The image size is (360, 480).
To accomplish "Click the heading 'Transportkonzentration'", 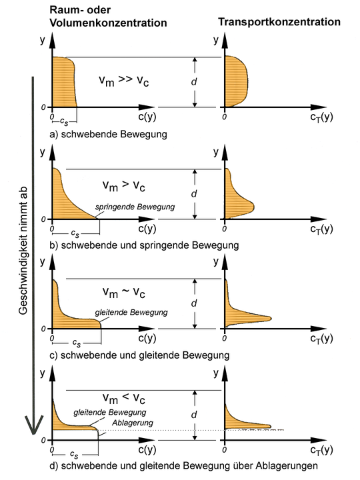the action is click(x=279, y=22).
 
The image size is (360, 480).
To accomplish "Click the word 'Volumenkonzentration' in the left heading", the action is click(x=108, y=23).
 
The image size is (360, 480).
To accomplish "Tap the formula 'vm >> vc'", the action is click(x=124, y=81).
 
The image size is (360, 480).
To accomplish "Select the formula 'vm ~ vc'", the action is click(x=124, y=293).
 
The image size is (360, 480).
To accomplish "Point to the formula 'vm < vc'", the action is click(x=124, y=398).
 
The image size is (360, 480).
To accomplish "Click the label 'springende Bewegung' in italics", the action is click(x=135, y=207).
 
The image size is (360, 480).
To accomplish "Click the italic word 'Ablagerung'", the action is click(x=132, y=423).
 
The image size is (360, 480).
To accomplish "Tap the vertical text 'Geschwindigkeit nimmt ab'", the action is click(x=23, y=251).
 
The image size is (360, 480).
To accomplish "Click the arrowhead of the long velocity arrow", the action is click(x=33, y=425).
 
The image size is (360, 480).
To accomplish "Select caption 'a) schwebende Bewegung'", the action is click(x=109, y=134).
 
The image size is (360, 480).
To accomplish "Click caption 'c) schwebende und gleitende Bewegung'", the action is click(x=139, y=355).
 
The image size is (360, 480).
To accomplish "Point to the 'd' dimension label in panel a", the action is click(x=194, y=82).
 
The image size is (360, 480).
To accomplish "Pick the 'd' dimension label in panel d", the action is click(x=194, y=415).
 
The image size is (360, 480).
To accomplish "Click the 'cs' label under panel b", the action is click(x=75, y=234).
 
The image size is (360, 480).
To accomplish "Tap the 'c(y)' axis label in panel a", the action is click(x=147, y=117).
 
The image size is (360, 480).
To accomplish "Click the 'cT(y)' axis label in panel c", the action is click(x=321, y=339).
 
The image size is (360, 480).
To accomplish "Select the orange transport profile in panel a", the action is click(x=236, y=81).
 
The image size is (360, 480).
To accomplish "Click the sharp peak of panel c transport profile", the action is click(x=271, y=319).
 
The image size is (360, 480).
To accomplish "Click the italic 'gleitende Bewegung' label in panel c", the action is click(x=131, y=313).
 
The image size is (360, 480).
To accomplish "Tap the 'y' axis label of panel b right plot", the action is click(x=216, y=152).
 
